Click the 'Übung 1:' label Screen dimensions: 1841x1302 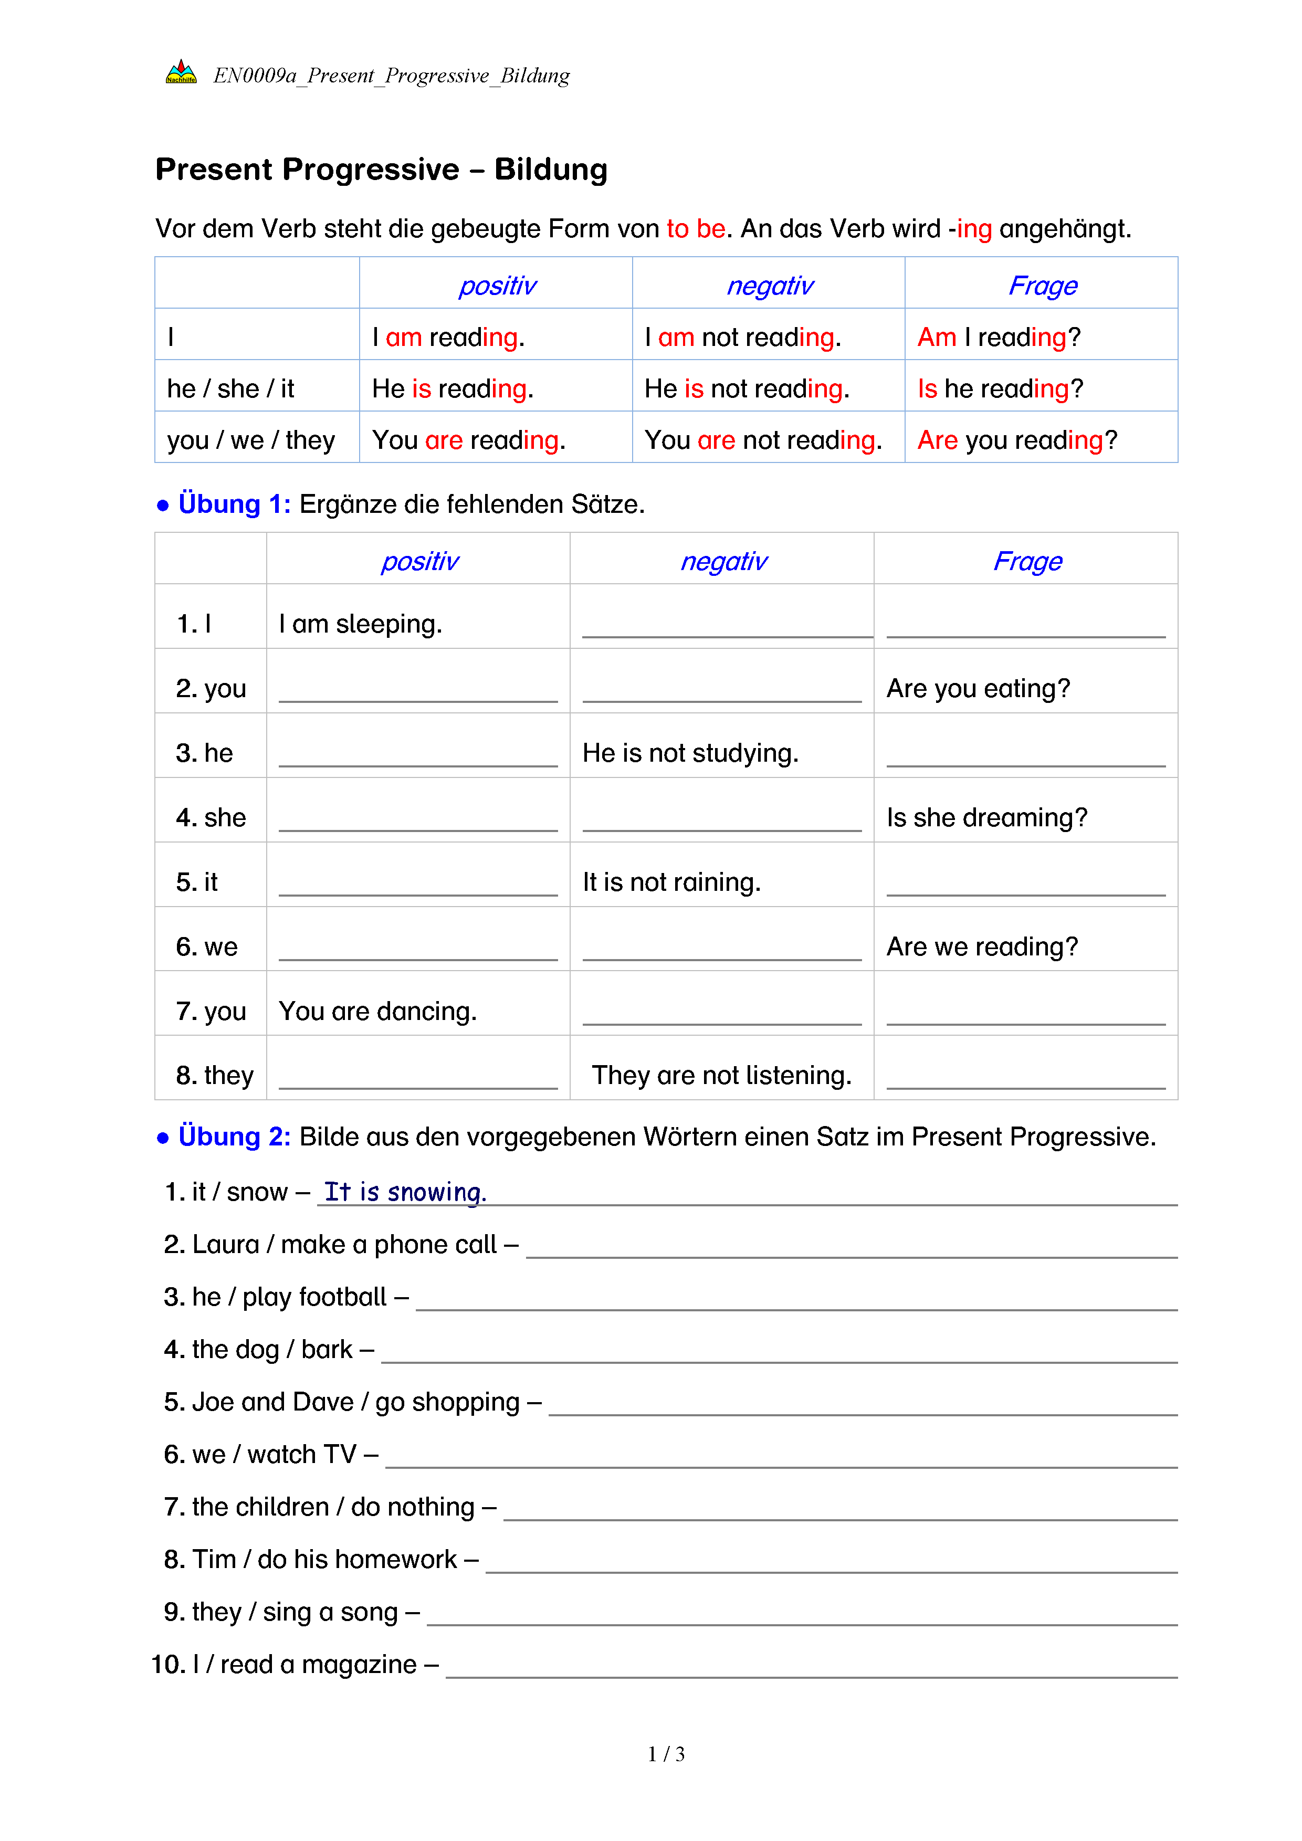[234, 504]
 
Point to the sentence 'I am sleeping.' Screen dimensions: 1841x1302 [360, 624]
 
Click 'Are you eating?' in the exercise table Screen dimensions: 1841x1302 [978, 689]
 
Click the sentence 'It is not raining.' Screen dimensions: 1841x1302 [671, 882]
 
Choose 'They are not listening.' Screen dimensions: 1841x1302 [721, 1075]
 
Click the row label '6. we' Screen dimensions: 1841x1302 [207, 947]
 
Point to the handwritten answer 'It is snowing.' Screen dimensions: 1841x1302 [405, 1192]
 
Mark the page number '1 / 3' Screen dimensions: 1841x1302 [665, 1754]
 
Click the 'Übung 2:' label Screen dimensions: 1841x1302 [234, 1137]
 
